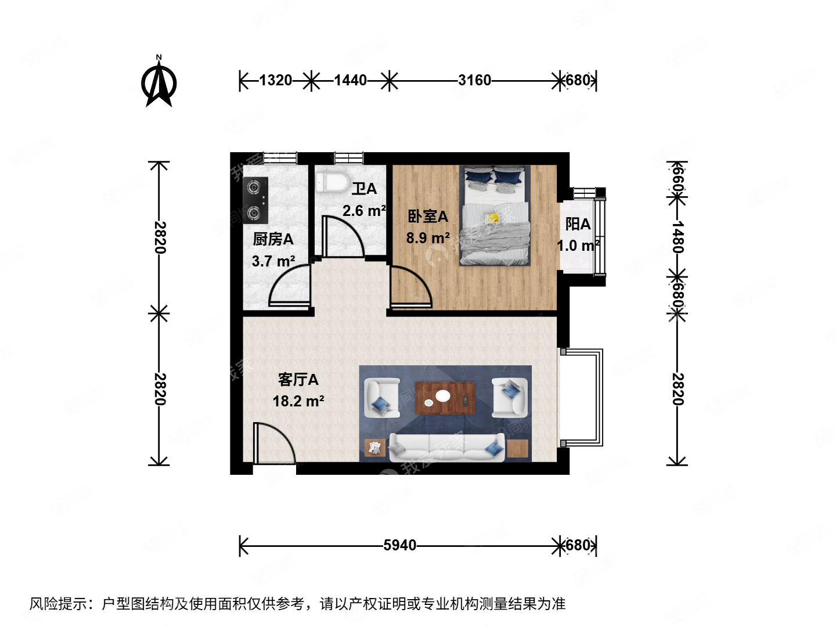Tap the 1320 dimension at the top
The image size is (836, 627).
(x=275, y=80)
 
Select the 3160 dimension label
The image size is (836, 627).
(x=474, y=80)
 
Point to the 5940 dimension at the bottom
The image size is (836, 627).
(x=399, y=545)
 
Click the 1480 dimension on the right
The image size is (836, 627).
(x=678, y=236)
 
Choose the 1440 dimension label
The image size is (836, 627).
(x=350, y=80)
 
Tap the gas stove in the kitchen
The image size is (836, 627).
(x=255, y=200)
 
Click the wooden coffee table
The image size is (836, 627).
(x=445, y=398)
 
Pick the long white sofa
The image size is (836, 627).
(x=446, y=447)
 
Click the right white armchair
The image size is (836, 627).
(x=510, y=397)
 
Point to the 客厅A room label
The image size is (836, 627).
(x=298, y=380)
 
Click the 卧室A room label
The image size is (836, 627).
(x=428, y=217)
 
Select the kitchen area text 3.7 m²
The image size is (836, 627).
(x=273, y=261)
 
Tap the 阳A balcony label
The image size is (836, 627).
(x=578, y=224)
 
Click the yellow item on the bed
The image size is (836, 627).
(x=492, y=218)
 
